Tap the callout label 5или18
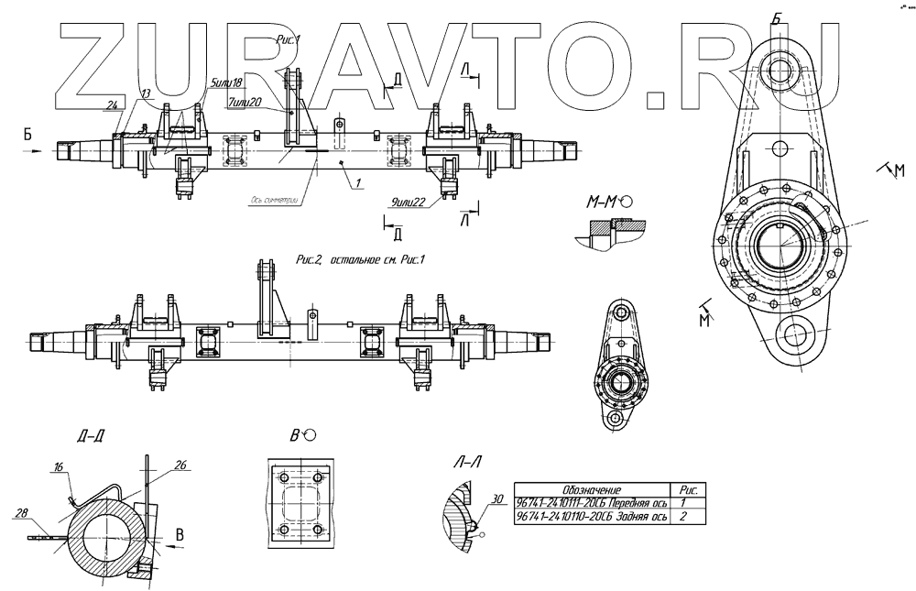tap(225, 82)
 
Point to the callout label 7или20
tap(246, 101)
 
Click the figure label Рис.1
tap(289, 41)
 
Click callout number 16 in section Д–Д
tap(59, 468)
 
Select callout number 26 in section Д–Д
tap(180, 465)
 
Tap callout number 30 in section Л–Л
tap(497, 499)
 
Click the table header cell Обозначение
tap(591, 490)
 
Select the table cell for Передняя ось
tap(591, 504)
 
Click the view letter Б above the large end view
tap(777, 18)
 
